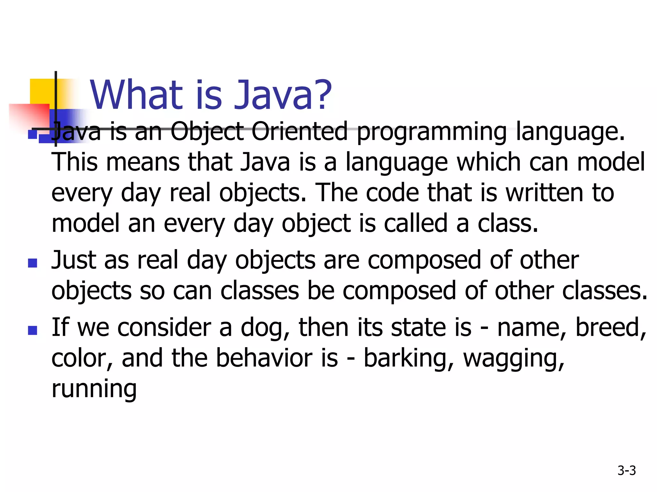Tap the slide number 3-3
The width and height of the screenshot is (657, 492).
627,471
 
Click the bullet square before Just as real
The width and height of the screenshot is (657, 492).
32,263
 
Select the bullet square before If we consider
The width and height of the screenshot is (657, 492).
32,330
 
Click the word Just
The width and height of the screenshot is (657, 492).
74,260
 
